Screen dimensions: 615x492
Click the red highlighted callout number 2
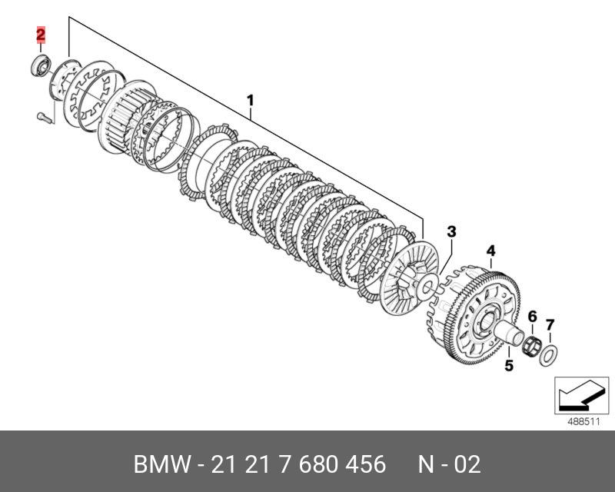tap(41, 35)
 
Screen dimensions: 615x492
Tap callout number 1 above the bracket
tap(251, 101)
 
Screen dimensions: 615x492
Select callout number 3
tap(451, 232)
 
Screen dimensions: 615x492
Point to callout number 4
tap(490, 251)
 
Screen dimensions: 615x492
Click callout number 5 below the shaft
tap(508, 365)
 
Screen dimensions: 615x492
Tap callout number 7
tap(550, 325)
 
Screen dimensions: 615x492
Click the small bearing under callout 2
tap(41, 65)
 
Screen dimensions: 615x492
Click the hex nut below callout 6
tap(531, 345)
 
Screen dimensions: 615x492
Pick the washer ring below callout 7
tap(549, 355)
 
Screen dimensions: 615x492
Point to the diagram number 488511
tap(583, 422)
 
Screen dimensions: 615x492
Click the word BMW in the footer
tap(162, 464)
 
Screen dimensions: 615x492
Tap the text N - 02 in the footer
tap(450, 464)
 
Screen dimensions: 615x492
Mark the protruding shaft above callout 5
tap(509, 331)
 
